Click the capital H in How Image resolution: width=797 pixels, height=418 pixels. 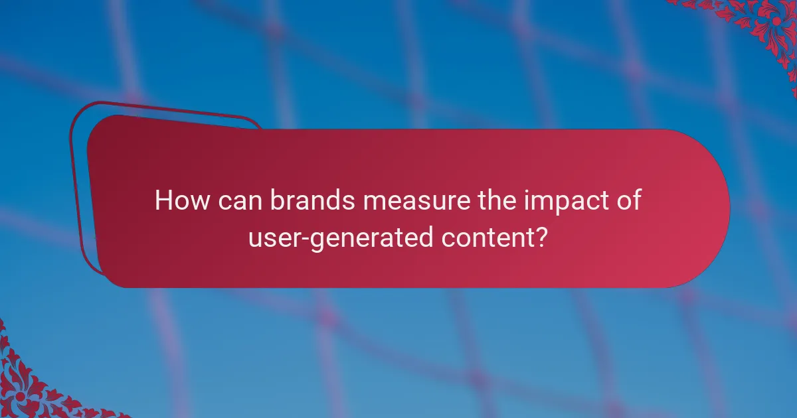click(x=163, y=201)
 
